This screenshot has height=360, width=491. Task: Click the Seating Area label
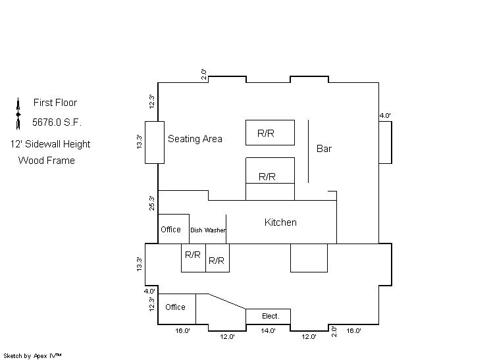tap(195, 139)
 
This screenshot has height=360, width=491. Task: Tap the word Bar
tap(324, 149)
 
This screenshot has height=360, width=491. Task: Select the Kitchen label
tap(280, 222)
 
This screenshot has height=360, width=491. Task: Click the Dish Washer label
tap(208, 230)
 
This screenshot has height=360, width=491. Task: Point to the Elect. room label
tap(271, 317)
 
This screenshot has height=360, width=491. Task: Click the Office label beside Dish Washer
tap(170, 230)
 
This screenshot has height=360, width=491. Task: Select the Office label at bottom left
tap(175, 307)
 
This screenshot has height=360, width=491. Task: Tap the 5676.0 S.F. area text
tap(57, 122)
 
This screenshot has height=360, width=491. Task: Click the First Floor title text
tap(55, 103)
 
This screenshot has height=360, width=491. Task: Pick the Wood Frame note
tap(47, 161)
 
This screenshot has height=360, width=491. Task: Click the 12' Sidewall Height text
tap(50, 144)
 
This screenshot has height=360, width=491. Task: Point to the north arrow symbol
tap(18, 113)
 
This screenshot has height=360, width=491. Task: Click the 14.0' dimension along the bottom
tap(269, 331)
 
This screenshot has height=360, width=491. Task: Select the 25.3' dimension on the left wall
tap(152, 203)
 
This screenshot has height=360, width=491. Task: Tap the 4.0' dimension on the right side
tap(385, 116)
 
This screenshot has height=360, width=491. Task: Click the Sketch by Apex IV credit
tap(32, 355)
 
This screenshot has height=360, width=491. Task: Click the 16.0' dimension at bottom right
tap(353, 331)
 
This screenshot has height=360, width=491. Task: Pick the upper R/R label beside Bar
tap(266, 134)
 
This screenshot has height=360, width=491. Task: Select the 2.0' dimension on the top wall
tap(205, 74)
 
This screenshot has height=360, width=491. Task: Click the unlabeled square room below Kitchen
tap(309, 257)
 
